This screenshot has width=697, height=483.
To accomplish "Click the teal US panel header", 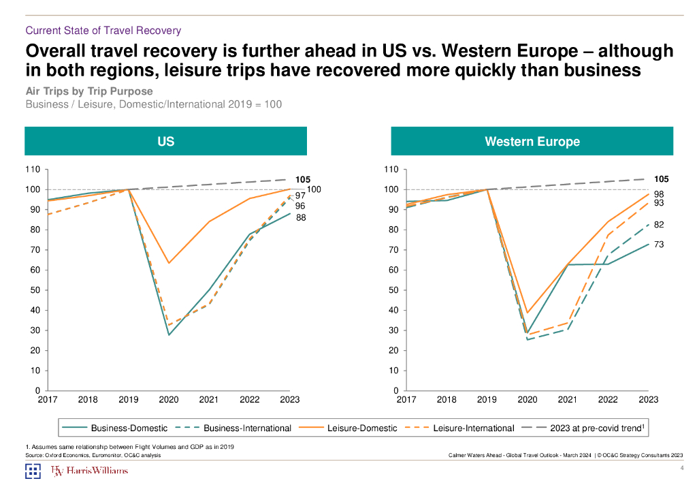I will click(165, 142).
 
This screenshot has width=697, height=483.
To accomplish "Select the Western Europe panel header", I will click(532, 142).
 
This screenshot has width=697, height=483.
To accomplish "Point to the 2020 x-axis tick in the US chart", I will click(169, 400).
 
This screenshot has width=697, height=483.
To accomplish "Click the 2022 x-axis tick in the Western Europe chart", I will click(608, 400).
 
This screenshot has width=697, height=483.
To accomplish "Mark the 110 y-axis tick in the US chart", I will click(33, 169).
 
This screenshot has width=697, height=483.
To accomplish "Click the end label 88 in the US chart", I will click(300, 218).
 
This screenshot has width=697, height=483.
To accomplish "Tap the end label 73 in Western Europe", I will click(659, 244).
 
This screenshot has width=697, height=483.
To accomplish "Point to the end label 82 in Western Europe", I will click(659, 225).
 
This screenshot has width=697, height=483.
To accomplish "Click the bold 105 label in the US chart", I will click(302, 179).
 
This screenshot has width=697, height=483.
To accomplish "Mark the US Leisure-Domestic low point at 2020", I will click(169, 263).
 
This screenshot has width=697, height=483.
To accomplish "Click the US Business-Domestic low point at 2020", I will click(169, 334).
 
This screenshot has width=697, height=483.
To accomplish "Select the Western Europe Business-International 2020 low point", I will click(528, 339).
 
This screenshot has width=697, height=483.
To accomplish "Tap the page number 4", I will click(681, 468).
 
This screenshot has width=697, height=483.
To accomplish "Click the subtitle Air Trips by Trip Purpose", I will click(88, 91).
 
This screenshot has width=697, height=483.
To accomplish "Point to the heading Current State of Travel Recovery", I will click(103, 30).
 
